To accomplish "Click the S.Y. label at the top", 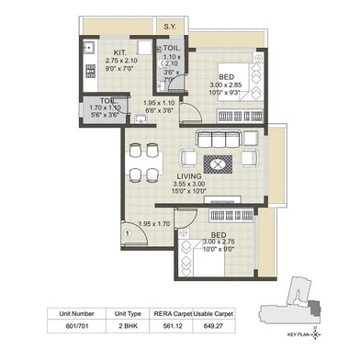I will (x=171, y=27).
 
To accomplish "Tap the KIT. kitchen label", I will (x=119, y=52).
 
